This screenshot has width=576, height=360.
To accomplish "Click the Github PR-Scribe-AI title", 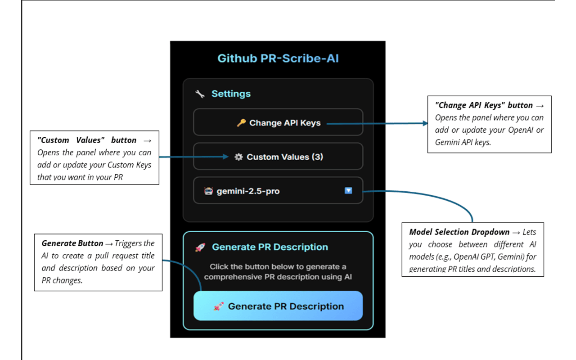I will pos(278,58).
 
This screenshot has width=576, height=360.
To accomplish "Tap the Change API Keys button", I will pos(278,122).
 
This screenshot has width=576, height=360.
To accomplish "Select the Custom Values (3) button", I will pos(278,157).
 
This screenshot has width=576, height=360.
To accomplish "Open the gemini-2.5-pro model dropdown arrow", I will pos(348,191).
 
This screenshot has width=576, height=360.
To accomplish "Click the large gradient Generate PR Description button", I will pos(278,306).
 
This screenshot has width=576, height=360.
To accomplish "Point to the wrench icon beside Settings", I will pos(199,94).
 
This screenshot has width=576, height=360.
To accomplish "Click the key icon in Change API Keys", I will pos(241,122).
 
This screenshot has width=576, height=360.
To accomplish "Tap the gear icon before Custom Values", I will pos(238,157).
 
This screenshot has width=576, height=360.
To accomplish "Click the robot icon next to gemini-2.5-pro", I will pos(208,191).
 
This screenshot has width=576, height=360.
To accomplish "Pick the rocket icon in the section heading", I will pos(200,247).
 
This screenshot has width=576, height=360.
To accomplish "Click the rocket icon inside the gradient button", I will pos(219,306).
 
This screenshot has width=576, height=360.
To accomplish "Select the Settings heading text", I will pos(231,94).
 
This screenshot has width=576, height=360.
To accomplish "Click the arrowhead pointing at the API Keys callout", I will pos(425,123).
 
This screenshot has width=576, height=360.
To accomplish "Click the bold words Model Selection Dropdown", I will pos(459,232).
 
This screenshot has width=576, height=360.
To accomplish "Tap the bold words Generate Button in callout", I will pos(72,243).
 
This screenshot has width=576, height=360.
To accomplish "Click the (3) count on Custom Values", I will pos(317,157).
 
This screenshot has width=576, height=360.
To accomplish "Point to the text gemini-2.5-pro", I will pos(248,191).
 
